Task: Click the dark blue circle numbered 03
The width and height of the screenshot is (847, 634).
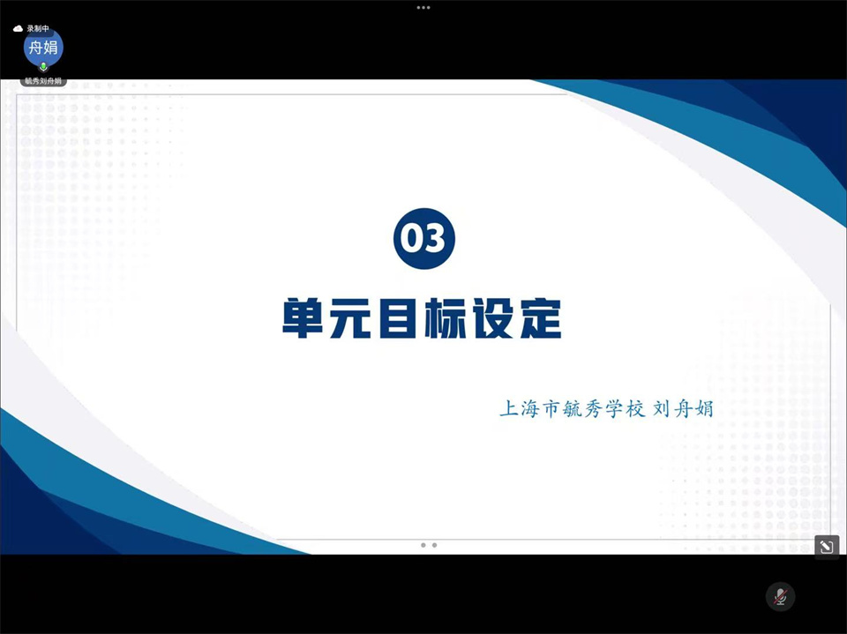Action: (424, 238)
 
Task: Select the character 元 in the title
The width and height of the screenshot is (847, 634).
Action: (350, 318)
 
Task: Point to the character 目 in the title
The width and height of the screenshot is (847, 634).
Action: (398, 318)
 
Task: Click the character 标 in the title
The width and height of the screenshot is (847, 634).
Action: (445, 318)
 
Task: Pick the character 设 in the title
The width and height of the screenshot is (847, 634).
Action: (492, 318)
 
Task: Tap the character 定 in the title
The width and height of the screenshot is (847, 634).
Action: (541, 318)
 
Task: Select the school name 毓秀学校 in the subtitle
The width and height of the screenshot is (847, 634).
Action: (603, 409)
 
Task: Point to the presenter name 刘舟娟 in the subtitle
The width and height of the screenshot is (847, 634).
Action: (683, 409)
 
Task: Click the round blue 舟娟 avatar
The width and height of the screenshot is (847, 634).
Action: (43, 48)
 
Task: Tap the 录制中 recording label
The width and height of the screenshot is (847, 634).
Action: (38, 28)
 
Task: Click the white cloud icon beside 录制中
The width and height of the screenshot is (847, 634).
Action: (18, 28)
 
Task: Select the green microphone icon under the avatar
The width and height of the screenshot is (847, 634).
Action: (43, 67)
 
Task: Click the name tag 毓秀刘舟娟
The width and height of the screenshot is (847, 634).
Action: (43, 81)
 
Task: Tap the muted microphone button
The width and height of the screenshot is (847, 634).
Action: (780, 597)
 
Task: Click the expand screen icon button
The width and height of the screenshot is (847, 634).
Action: (827, 547)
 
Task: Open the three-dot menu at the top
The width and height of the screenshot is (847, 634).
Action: (423, 8)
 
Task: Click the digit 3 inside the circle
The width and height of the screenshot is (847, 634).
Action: (435, 238)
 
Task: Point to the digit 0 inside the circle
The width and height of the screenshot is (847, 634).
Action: (413, 238)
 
